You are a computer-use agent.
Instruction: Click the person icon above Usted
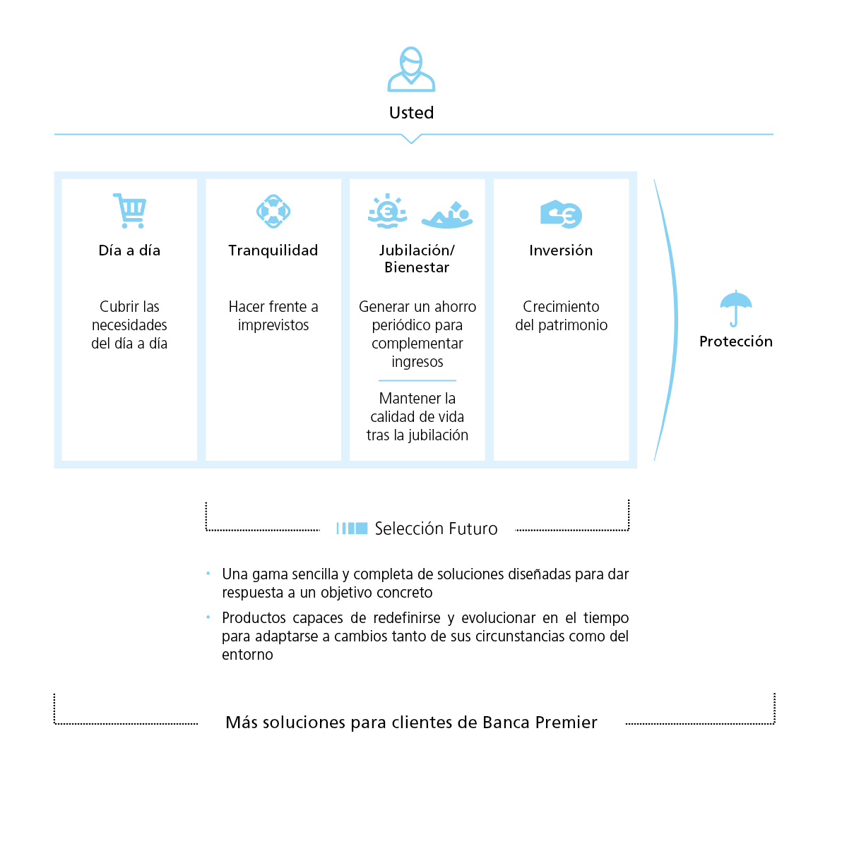point(411,69)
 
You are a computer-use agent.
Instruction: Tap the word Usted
point(411,113)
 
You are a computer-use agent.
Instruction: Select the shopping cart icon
point(129,210)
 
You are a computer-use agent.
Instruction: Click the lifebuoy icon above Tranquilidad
point(273,211)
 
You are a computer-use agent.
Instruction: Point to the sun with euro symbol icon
point(387,211)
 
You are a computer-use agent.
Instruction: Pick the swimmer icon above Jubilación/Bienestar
point(447,214)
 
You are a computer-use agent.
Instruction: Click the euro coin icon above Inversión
point(562,214)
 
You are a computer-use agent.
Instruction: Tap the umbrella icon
point(736,308)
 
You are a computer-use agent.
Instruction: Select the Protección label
point(736,342)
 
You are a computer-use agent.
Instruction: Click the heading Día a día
point(129,250)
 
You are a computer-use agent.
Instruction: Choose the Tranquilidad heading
point(273,250)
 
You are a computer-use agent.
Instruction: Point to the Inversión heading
point(561,250)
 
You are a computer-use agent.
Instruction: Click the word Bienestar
point(417,267)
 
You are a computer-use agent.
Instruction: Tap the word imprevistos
point(273,325)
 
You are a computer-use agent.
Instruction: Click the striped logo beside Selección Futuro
point(352,528)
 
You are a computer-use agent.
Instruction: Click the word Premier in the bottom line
point(566,723)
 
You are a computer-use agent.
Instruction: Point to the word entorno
point(247,655)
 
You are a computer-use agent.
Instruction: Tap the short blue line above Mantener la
point(417,380)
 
